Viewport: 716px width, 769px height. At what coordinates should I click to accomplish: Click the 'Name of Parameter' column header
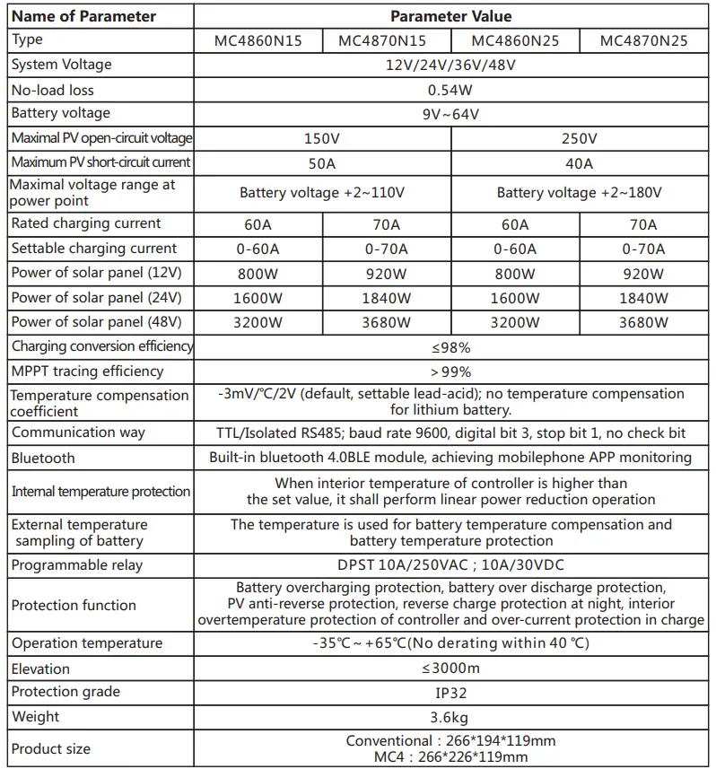coord(83,16)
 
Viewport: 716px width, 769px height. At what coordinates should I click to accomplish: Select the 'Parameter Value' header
coord(450,16)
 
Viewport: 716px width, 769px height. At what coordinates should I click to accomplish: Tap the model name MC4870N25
coord(643,41)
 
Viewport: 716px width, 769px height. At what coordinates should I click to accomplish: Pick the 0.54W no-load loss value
coord(450,91)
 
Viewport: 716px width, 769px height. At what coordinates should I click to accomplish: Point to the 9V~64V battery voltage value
coord(450,114)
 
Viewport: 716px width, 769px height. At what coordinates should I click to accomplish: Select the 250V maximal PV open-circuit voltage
coord(579,139)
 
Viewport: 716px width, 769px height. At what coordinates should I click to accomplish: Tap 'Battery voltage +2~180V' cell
coord(579,193)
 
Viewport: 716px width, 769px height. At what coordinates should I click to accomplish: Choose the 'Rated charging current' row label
coord(86,223)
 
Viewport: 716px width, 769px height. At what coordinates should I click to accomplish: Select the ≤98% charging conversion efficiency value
coord(450,347)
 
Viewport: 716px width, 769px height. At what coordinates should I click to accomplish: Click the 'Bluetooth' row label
coord(43,458)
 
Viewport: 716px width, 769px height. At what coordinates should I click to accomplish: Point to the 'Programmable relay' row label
coord(77,565)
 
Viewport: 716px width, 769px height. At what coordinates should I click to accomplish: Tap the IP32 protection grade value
coord(450,693)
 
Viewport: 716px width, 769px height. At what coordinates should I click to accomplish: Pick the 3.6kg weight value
coord(450,717)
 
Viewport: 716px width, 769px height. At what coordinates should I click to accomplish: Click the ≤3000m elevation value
coord(450,669)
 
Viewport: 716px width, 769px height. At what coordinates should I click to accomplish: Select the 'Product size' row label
coord(51,748)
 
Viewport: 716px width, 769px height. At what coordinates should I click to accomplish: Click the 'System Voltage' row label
coord(61,65)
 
